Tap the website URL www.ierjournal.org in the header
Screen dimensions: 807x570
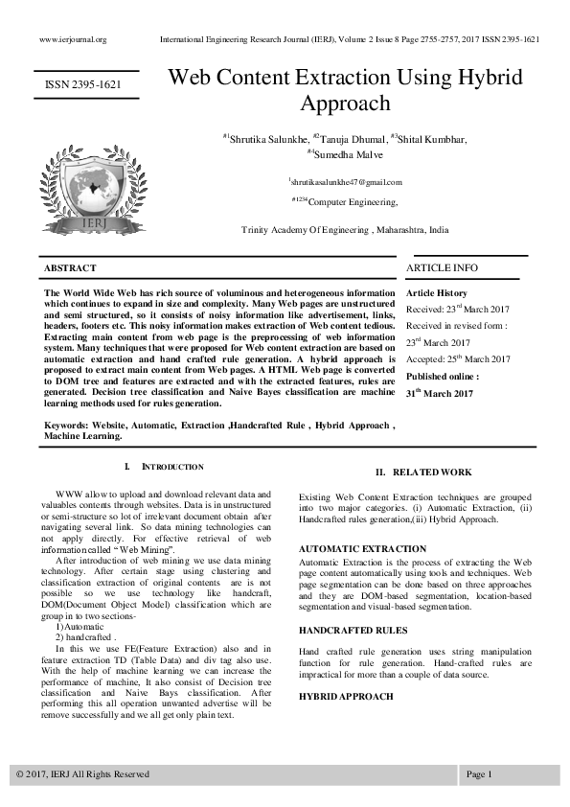[x=73, y=39]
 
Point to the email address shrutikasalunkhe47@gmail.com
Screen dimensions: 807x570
[x=345, y=182]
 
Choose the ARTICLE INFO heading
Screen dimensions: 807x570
[x=442, y=267]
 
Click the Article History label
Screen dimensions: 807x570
[x=437, y=292]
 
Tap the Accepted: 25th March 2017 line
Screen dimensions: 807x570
[x=458, y=359]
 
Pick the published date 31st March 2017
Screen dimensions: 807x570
[x=440, y=394]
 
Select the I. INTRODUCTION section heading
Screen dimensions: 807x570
[x=164, y=467]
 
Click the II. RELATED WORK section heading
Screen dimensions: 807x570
[x=422, y=473]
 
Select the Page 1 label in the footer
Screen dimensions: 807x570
[x=479, y=773]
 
